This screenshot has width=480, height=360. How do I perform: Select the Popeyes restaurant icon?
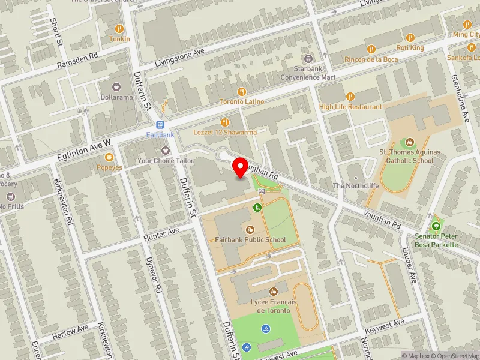pos(109,157)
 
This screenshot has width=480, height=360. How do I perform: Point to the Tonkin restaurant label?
pos(119,39)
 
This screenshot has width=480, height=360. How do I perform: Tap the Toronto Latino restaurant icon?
pos(241,91)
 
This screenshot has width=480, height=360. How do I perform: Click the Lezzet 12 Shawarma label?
pos(225,132)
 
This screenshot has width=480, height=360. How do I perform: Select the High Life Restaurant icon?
pos(350,96)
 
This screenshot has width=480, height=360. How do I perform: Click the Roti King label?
pos(410,47)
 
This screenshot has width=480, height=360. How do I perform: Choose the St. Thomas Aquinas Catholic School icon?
pos(410,142)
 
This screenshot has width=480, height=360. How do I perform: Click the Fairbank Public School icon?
pos(250,229)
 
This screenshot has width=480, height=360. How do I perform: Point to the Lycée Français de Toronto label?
pos(274,307)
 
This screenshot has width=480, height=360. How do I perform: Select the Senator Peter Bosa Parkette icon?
pos(436,226)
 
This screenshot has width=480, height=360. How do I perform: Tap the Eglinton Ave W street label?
pos(85,148)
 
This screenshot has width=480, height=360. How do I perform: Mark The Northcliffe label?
pos(356,186)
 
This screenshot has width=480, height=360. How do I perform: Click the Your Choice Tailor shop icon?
pos(165,150)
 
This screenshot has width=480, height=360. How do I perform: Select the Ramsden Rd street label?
pos(77,62)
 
